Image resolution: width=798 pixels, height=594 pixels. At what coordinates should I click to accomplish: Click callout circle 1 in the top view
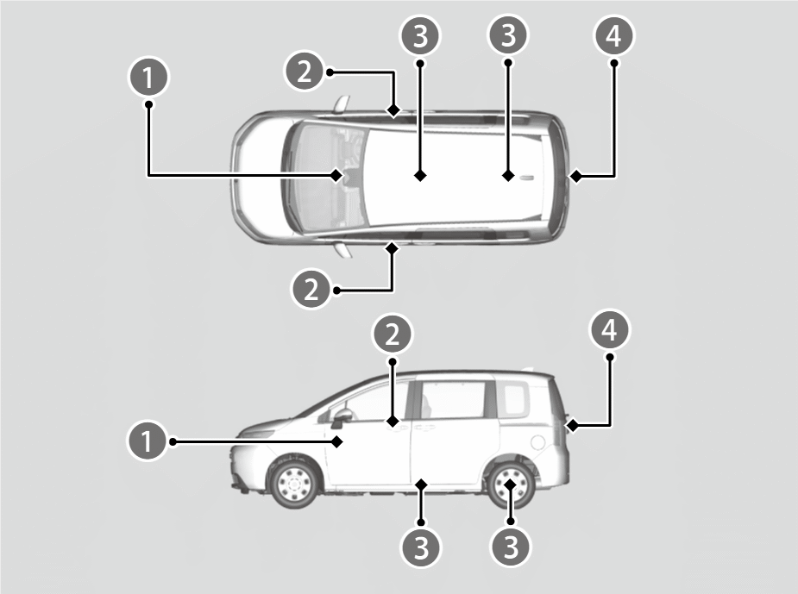(x=148, y=77)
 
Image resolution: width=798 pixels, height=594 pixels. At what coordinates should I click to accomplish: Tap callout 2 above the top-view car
(x=305, y=72)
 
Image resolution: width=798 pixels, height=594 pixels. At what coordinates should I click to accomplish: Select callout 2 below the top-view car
(x=311, y=290)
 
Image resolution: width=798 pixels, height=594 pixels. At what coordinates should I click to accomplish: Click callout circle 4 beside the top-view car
(x=613, y=35)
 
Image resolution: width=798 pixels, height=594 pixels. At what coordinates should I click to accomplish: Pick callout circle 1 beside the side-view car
(x=147, y=441)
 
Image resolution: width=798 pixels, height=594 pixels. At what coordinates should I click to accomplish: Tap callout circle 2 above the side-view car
(x=393, y=335)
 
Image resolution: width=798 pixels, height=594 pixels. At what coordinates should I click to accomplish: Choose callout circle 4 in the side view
(x=609, y=329)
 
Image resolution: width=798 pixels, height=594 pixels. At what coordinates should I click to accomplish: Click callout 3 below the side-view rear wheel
(x=511, y=547)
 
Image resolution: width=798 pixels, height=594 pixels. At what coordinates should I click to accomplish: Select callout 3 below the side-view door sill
(x=421, y=547)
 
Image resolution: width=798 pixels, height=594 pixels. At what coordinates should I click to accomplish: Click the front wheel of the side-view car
(x=293, y=482)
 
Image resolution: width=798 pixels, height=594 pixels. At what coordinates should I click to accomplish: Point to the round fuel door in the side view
(x=537, y=442)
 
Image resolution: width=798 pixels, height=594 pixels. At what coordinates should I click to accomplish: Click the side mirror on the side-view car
(x=341, y=416)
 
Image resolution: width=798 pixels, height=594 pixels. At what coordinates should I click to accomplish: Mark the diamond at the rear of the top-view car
(x=576, y=176)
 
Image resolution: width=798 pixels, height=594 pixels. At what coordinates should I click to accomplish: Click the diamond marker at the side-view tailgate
(x=573, y=425)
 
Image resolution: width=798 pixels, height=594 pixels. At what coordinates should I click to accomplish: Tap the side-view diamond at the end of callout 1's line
(x=337, y=441)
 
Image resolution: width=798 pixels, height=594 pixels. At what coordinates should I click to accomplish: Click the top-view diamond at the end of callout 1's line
(x=336, y=176)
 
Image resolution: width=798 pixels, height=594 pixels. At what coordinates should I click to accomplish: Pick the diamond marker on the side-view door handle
(x=393, y=422)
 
